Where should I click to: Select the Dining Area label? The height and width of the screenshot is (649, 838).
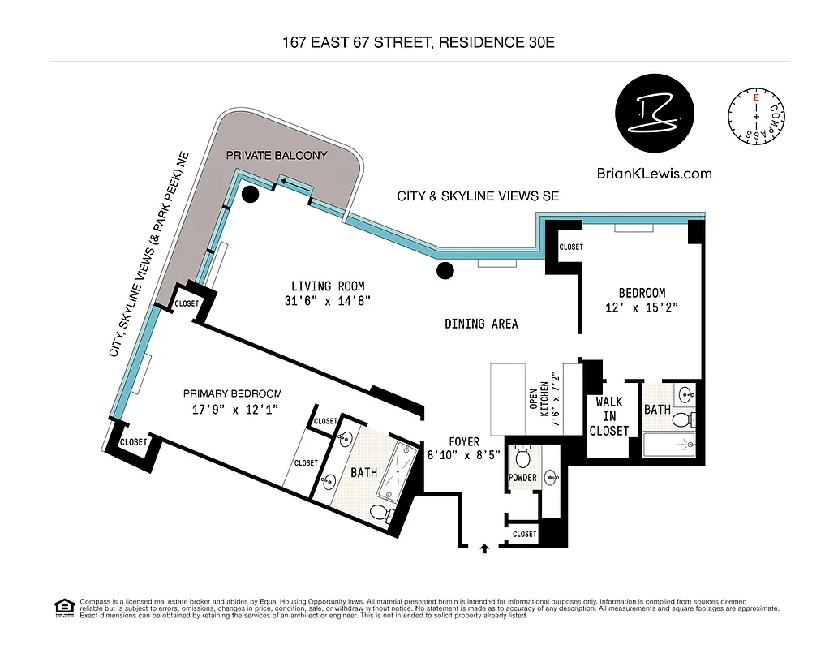[x=481, y=324]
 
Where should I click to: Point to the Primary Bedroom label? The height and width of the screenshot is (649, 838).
[x=232, y=393]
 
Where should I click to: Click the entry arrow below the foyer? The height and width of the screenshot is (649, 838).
[x=485, y=548]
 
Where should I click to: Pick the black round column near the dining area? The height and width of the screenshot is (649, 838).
[x=445, y=271]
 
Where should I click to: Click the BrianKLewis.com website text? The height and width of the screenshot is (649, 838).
[x=654, y=173]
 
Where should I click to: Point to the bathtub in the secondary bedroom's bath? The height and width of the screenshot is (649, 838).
[x=670, y=444]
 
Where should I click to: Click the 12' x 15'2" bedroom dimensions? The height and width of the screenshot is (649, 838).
[x=642, y=307]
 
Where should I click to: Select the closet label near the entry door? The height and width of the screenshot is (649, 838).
[x=524, y=534]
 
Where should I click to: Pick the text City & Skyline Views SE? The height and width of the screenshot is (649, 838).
[x=478, y=196]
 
